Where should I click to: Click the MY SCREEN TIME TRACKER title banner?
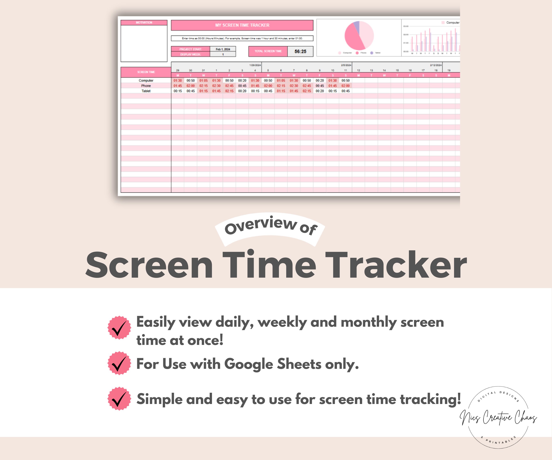[242, 25]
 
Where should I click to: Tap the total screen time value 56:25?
[300, 52]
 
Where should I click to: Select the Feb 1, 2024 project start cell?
[223, 49]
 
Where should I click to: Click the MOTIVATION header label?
[144, 23]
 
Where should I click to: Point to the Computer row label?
[146, 80]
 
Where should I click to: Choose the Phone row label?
[146, 86]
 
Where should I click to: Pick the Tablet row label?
[146, 91]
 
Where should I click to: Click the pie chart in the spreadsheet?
[359, 36]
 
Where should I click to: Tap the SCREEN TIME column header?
[146, 72]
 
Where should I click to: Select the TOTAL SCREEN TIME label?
[268, 51]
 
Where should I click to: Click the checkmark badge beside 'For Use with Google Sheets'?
[119, 363]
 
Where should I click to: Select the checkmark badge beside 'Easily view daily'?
[119, 328]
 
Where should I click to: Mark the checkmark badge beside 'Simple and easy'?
[119, 398]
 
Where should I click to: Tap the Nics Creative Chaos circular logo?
[498, 417]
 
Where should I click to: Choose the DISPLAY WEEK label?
[190, 54]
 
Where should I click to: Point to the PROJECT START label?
[190, 49]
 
